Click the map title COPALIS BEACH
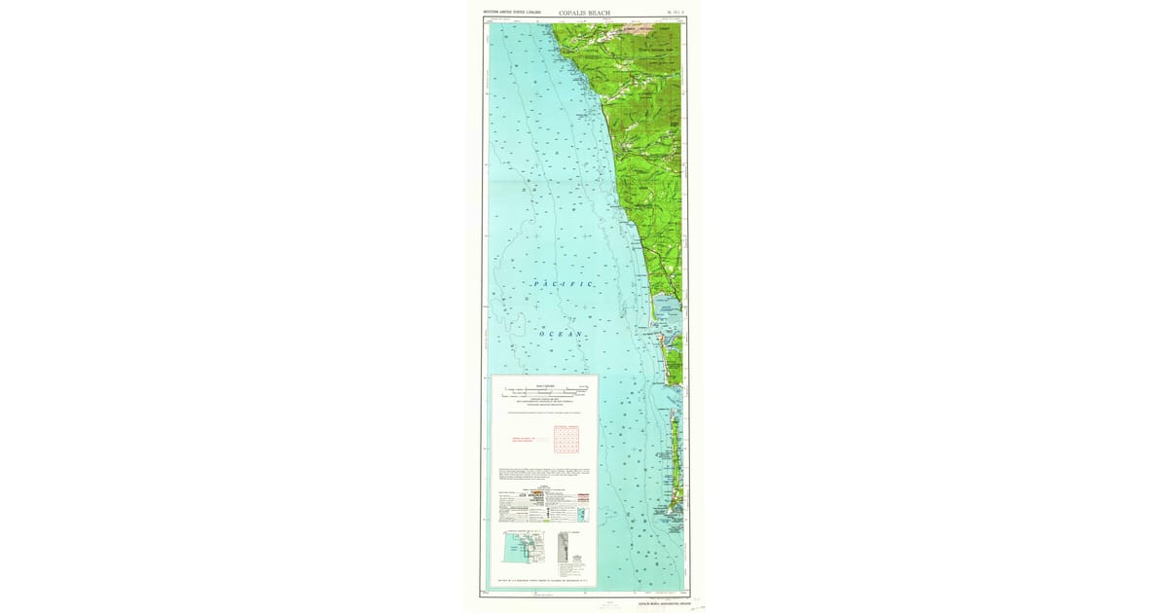click(586, 14)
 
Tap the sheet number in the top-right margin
click(675, 14)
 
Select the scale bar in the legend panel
click(545, 392)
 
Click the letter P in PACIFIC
click(536, 283)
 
